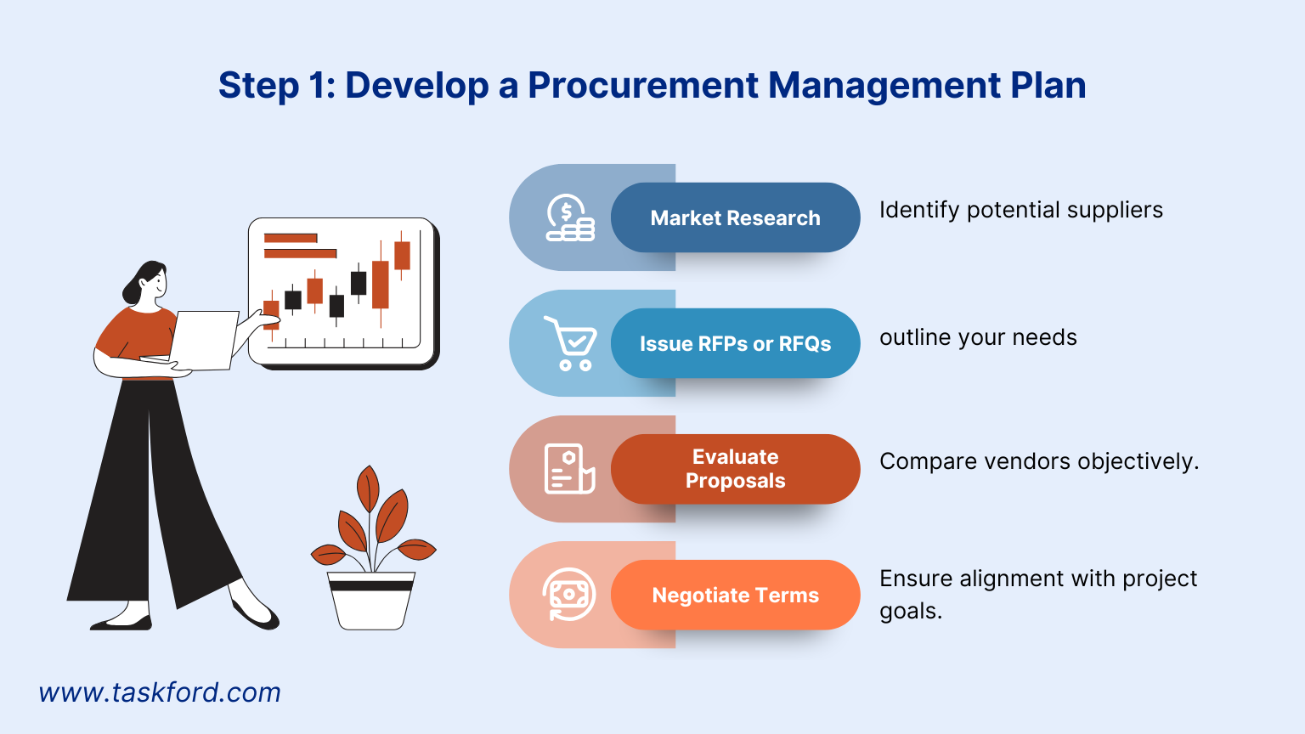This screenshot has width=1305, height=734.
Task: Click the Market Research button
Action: (x=735, y=217)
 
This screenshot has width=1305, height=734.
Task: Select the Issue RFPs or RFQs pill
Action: (x=735, y=343)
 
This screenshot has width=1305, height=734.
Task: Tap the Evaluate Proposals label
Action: (x=735, y=469)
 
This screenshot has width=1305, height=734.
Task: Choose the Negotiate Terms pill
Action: (x=735, y=595)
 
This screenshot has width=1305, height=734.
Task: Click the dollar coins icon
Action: (x=569, y=218)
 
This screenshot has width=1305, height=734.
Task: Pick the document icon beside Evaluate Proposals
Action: (x=569, y=469)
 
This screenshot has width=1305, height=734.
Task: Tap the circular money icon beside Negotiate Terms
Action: (x=569, y=595)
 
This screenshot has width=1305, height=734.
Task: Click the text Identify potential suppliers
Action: (x=1020, y=210)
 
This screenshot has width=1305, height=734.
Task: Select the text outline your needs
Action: (x=978, y=337)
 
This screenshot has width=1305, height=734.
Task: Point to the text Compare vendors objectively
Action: (x=1038, y=461)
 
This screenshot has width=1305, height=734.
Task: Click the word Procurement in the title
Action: (x=643, y=85)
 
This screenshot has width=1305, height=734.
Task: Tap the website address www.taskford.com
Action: (x=160, y=692)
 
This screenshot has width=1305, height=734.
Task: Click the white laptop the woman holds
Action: (x=204, y=340)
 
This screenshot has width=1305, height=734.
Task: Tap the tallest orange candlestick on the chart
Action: (x=380, y=283)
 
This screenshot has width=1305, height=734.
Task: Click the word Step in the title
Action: (x=258, y=86)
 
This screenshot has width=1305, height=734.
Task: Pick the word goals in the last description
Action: (x=909, y=611)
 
